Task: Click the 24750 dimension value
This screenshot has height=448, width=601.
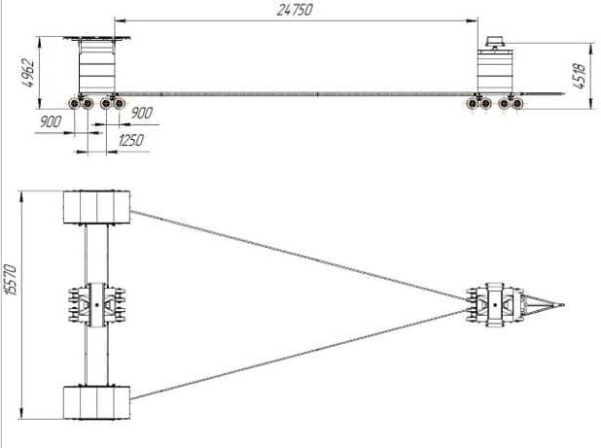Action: coord(295,10)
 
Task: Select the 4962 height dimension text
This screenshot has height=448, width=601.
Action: coord(29,73)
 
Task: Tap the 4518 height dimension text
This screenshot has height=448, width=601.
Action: coord(579,76)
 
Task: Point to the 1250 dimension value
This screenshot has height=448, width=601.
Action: coord(130,140)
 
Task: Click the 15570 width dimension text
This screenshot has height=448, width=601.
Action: coord(11,280)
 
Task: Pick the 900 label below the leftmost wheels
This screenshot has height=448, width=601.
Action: coord(51,121)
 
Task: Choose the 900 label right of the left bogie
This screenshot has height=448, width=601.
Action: coord(142,113)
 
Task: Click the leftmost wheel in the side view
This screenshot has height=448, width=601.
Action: coord(74,103)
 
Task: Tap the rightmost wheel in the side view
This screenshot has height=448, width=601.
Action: coord(517,103)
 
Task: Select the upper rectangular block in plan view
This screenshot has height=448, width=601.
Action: coord(96,207)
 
